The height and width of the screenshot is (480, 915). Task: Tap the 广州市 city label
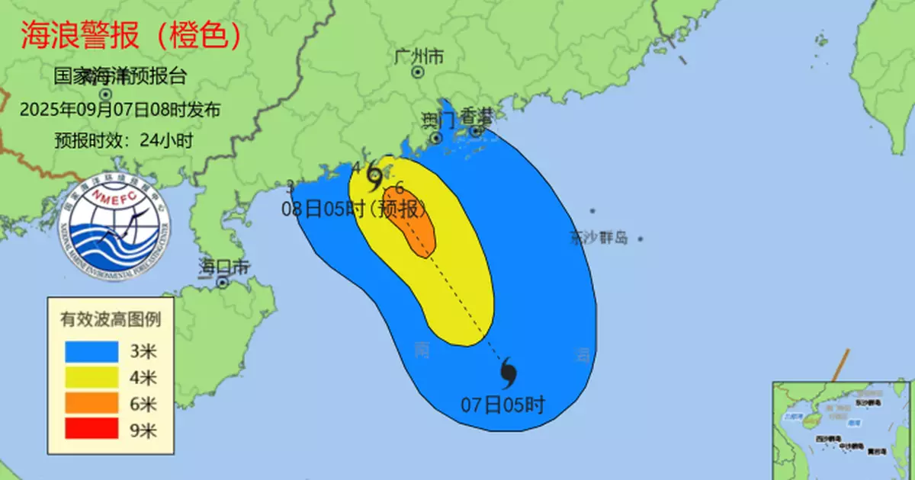pos(419,56)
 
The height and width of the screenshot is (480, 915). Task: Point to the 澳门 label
pos(438,120)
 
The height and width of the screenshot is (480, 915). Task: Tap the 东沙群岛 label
pos(599,238)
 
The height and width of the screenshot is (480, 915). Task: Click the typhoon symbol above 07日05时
pos(509,373)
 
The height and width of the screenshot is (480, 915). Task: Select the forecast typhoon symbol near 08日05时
pos(374,179)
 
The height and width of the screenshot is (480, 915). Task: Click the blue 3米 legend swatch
pos(91,351)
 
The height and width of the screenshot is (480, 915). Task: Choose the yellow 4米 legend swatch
pos(91,377)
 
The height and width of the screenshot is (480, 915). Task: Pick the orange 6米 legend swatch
pos(91,403)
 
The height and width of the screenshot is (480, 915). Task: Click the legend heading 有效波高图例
pos(111,322)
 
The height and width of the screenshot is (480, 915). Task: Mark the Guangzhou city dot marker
pos(418,72)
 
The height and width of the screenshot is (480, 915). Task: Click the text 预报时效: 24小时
pos(123,139)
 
